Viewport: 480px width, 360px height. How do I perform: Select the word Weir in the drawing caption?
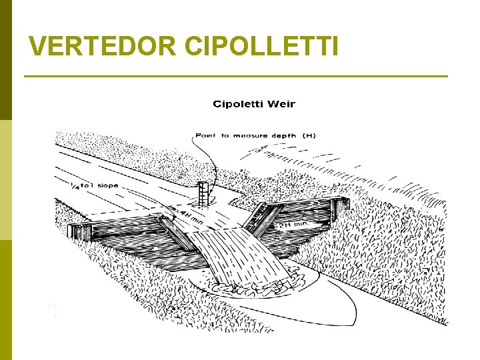tap(281, 104)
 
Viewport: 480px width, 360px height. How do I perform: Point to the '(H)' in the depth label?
tap(309, 135)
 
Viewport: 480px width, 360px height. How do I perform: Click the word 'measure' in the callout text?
tap(251, 135)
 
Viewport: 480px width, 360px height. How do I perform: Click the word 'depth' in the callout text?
tap(284, 135)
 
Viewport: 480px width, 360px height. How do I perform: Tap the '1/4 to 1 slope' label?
tap(94, 185)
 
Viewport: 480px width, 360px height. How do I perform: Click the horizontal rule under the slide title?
tap(236, 77)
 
